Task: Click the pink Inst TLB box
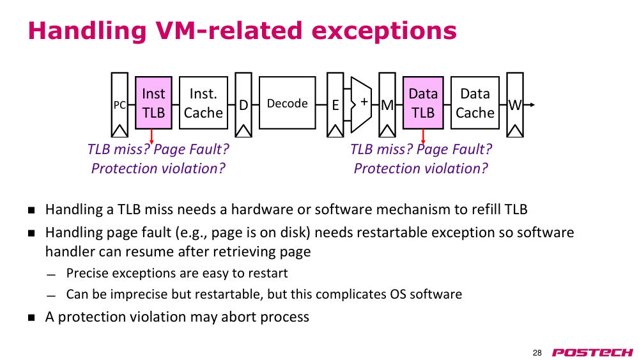[x=153, y=103]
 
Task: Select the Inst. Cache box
[x=203, y=103]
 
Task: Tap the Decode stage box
[x=288, y=103]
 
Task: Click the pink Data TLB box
[x=423, y=103]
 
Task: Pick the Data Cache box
[x=475, y=103]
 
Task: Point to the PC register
[x=119, y=105]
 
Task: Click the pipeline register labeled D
[x=243, y=105]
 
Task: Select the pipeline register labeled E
[x=335, y=105]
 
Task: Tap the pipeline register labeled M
[x=387, y=105]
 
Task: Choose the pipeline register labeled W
[x=514, y=105]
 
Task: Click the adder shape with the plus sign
[x=362, y=104]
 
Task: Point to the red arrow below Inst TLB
[x=151, y=137]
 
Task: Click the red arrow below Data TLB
[x=423, y=137]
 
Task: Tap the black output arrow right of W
[x=529, y=105]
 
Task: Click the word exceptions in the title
[x=384, y=31]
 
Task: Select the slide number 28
[x=537, y=353]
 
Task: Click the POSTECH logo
[x=592, y=352]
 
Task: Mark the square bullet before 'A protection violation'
[x=31, y=317]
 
